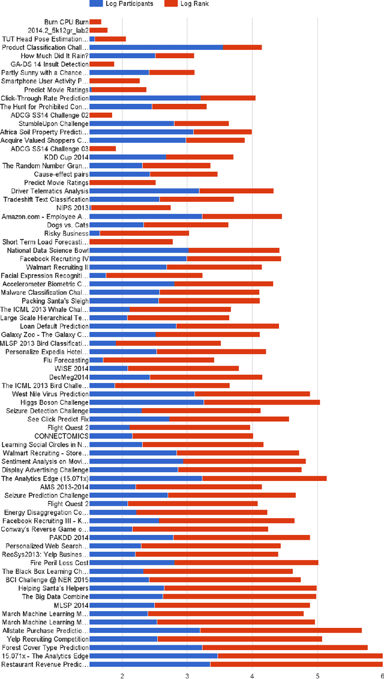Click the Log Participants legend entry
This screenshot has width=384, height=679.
tap(129, 4)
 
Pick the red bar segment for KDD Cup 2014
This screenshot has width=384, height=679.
tap(199, 157)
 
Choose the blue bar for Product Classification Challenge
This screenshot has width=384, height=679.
tap(156, 47)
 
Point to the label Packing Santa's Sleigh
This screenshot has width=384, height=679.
tap(55, 301)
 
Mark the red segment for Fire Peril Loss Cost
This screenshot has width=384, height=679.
tap(246, 563)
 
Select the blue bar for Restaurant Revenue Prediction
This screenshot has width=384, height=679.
tap(149, 665)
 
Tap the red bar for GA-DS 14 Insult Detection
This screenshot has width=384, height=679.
tap(101, 64)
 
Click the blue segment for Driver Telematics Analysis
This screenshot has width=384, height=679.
tap(144, 191)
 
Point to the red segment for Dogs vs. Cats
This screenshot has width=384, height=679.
tap(186, 225)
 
